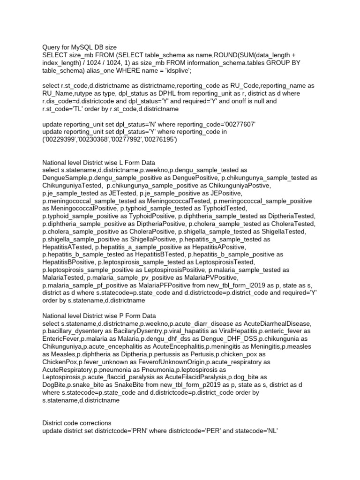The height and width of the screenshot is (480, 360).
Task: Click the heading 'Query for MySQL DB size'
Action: pyautogui.click(x=79, y=47)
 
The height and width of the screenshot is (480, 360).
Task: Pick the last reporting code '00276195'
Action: pyautogui.click(x=161, y=139)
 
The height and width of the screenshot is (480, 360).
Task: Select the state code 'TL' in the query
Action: pyautogui.click(x=85, y=109)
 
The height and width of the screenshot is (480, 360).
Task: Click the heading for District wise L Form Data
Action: pyautogui.click(x=99, y=163)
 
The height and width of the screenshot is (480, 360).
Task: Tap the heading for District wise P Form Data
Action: pyautogui.click(x=99, y=316)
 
